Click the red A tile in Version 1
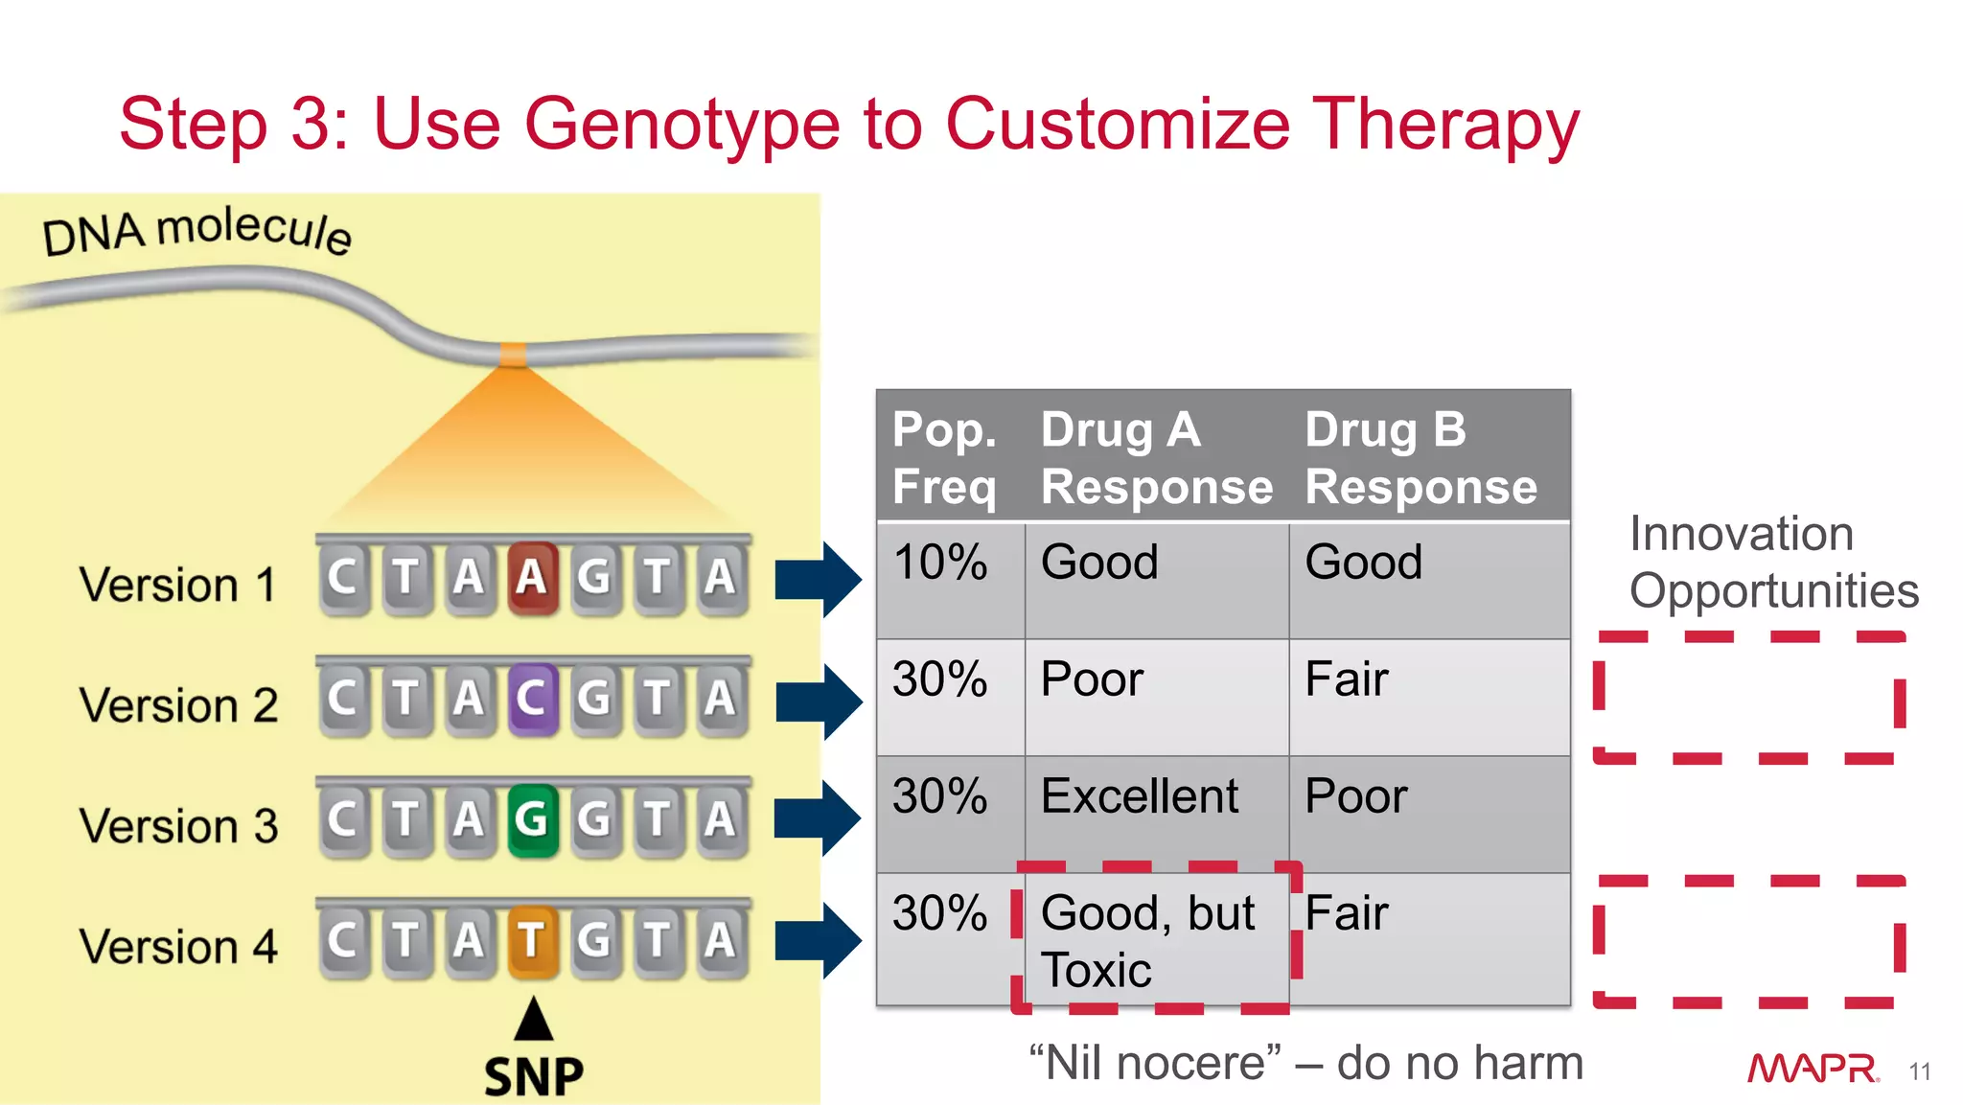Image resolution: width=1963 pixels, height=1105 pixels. coord(532,577)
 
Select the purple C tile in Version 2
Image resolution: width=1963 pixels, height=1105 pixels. coord(532,698)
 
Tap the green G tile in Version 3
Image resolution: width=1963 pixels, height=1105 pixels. coord(532,818)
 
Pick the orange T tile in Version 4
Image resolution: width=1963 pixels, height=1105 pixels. coord(532,939)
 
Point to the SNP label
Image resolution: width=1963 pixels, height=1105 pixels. coord(534,1076)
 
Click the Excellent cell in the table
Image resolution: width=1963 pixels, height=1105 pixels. coord(1139,796)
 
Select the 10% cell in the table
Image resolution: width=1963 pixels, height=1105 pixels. coord(939,563)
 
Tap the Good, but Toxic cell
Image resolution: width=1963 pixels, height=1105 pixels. coord(1148,940)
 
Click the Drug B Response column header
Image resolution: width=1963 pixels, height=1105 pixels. coord(1420,457)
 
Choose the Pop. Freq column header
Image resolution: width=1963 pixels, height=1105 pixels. coord(944,457)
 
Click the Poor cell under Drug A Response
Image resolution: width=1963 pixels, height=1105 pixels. coord(1092,679)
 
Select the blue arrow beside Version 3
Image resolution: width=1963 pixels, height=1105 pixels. coord(818,817)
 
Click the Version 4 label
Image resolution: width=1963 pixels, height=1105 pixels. coord(178,946)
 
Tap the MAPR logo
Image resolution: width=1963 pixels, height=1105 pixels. coord(1812,1068)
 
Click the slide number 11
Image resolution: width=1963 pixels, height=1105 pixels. coord(1919,1071)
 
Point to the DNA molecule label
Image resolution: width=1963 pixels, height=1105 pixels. coord(196,231)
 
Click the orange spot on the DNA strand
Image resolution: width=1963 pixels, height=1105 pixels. coord(514,355)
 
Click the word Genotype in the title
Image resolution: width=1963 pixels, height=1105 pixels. coord(681,126)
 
